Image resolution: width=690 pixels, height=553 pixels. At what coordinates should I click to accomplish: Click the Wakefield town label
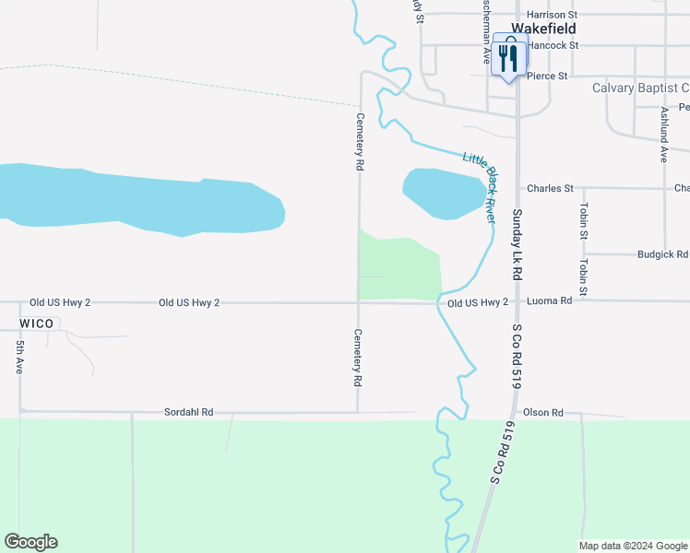[550, 29]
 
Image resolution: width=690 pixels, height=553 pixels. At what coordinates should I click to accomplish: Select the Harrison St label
[551, 15]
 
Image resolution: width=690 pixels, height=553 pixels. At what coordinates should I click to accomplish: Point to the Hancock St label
[553, 44]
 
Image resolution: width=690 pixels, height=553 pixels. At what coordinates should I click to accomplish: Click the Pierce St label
[547, 76]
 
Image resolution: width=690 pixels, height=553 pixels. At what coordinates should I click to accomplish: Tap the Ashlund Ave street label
[663, 135]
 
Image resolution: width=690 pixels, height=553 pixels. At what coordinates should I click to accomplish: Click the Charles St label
[550, 189]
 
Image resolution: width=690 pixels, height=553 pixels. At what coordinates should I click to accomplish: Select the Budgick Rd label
[662, 254]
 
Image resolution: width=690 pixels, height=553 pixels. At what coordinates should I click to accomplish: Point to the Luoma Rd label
[549, 301]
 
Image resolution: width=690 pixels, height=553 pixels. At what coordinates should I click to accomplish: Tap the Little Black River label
[480, 185]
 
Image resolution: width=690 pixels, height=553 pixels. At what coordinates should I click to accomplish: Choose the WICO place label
[36, 324]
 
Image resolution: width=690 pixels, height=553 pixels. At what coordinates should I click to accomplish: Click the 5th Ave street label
[19, 356]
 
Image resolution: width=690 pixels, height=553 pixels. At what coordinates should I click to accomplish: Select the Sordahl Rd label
[188, 412]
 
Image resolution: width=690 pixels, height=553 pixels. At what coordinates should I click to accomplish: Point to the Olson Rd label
[542, 413]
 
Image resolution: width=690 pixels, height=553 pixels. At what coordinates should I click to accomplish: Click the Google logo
[30, 542]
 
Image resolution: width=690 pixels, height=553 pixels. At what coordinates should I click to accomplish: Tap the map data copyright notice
[633, 546]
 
